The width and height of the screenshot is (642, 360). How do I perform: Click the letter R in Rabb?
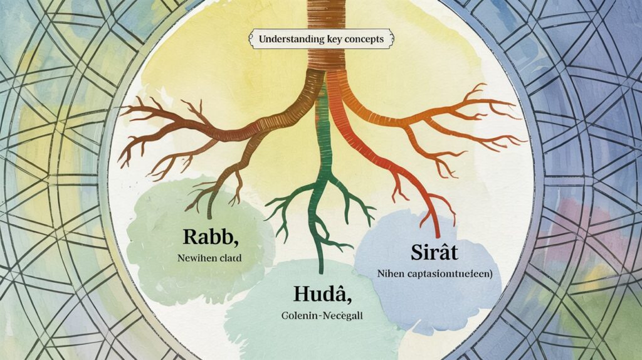pyautogui.click(x=190, y=237)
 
